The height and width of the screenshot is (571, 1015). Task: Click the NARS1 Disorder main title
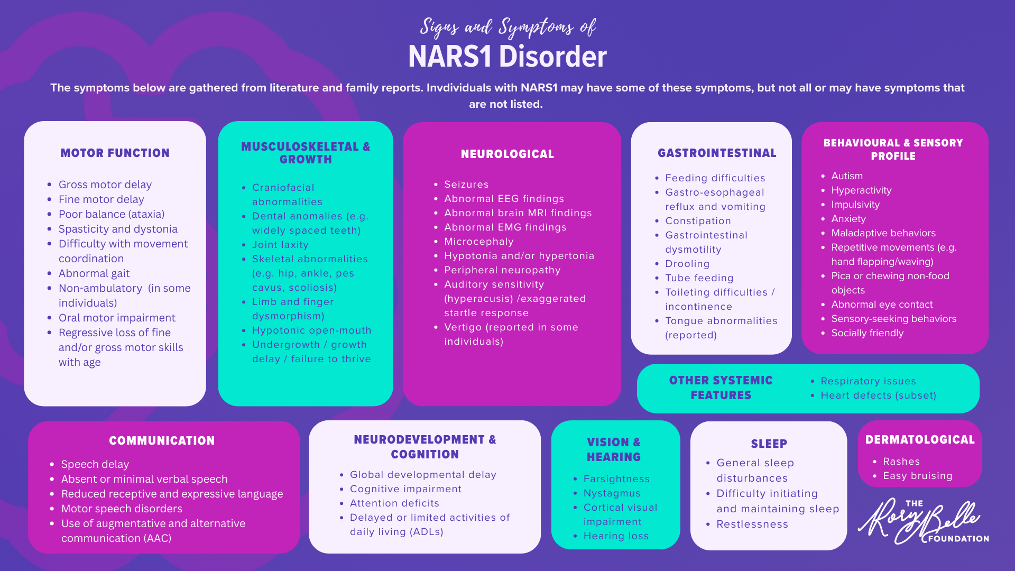508,57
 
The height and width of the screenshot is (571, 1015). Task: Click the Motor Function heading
115,153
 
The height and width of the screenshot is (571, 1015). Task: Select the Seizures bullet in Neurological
466,185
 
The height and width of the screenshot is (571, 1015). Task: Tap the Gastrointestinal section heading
717,153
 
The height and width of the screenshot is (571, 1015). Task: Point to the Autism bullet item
847,176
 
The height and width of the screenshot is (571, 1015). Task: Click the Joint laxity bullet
280,245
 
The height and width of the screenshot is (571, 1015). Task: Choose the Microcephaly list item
479,242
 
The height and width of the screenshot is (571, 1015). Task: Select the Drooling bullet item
687,264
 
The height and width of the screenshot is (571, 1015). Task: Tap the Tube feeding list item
699,278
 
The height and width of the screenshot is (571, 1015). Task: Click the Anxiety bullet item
848,219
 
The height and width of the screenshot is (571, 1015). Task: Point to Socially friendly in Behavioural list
868,333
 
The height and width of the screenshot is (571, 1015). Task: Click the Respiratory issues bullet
868,381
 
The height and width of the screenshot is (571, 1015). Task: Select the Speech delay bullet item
95,464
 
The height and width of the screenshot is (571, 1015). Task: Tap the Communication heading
162,440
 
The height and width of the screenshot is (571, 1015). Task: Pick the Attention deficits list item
394,503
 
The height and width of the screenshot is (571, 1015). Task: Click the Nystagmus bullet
612,493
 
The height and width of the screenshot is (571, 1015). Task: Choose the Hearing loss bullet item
616,536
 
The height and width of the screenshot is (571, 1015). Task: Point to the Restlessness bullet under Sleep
752,524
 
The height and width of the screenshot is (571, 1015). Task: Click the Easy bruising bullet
918,476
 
